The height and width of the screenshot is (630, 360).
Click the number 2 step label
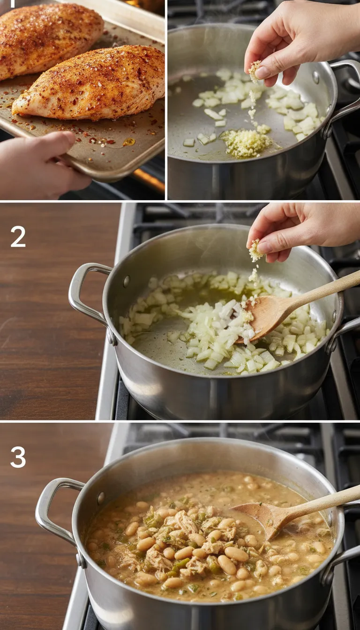[18, 237]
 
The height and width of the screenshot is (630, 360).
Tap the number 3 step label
[18, 457]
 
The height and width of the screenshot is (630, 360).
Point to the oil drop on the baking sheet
[128, 142]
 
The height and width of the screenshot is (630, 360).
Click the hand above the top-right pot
[300, 45]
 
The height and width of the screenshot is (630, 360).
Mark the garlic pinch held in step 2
[255, 251]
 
